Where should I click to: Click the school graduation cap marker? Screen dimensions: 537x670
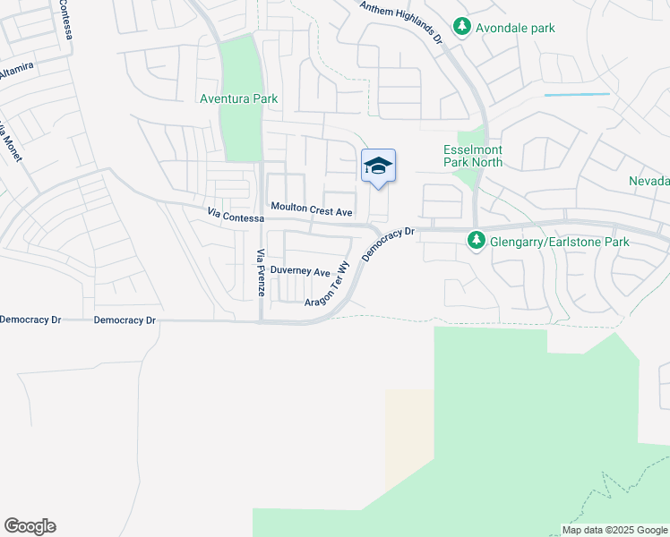pyautogui.click(x=378, y=166)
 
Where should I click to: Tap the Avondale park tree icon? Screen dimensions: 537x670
pyautogui.click(x=462, y=28)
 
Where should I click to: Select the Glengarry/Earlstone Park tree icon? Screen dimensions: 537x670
pyautogui.click(x=477, y=240)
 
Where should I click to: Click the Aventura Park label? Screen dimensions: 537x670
pyautogui.click(x=238, y=98)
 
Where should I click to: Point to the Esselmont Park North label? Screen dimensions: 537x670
pyautogui.click(x=473, y=156)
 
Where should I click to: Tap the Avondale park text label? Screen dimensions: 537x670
pyautogui.click(x=517, y=28)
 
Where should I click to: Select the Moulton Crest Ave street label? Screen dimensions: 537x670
pyautogui.click(x=312, y=210)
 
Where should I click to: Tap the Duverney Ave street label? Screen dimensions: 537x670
pyautogui.click(x=300, y=270)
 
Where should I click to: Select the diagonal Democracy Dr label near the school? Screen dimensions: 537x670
pyautogui.click(x=390, y=243)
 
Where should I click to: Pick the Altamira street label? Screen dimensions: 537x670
pyautogui.click(x=16, y=72)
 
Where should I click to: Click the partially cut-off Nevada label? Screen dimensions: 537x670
pyautogui.click(x=649, y=181)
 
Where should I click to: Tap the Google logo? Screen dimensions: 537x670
pyautogui.click(x=30, y=526)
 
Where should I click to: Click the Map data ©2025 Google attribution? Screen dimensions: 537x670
pyautogui.click(x=614, y=530)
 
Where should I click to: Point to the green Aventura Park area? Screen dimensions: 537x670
pyautogui.click(x=239, y=130)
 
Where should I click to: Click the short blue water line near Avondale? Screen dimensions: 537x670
pyautogui.click(x=577, y=94)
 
